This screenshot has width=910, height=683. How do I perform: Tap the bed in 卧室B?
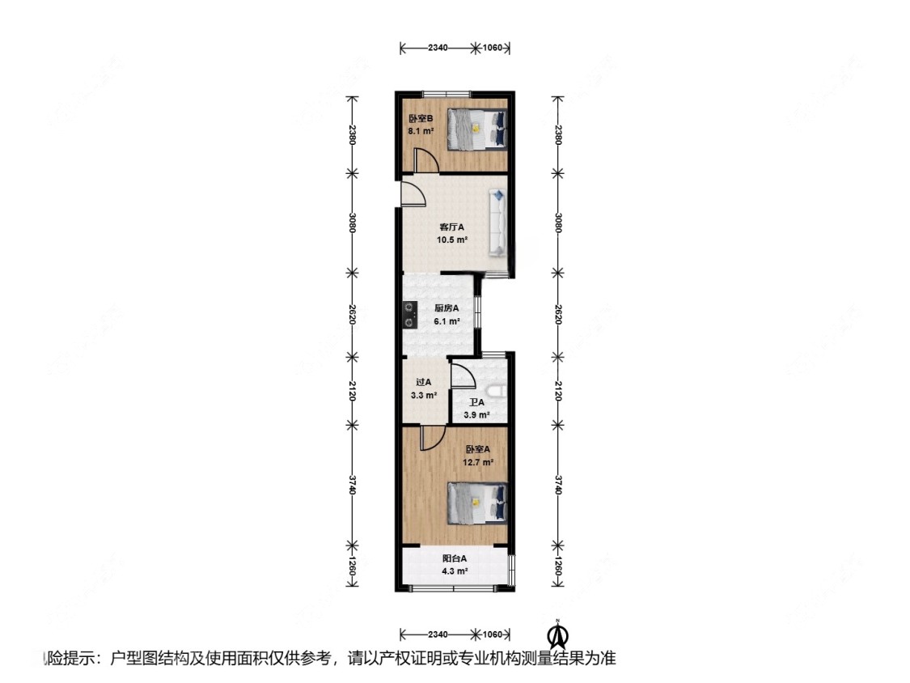(x=478, y=129)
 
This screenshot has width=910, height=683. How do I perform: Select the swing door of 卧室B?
(x=425, y=160)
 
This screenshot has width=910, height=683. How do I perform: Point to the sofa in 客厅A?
(x=497, y=223)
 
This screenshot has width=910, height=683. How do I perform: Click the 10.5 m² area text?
(x=452, y=240)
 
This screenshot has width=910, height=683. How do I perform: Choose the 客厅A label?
(x=452, y=227)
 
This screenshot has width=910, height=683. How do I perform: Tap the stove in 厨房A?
(x=409, y=315)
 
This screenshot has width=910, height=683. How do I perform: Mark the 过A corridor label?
(x=423, y=384)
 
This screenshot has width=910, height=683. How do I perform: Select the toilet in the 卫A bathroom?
(x=499, y=392)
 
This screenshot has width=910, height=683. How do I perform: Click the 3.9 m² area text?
(x=476, y=415)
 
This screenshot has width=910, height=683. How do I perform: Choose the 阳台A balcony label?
(x=455, y=558)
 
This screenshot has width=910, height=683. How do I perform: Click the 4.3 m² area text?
(x=455, y=571)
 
